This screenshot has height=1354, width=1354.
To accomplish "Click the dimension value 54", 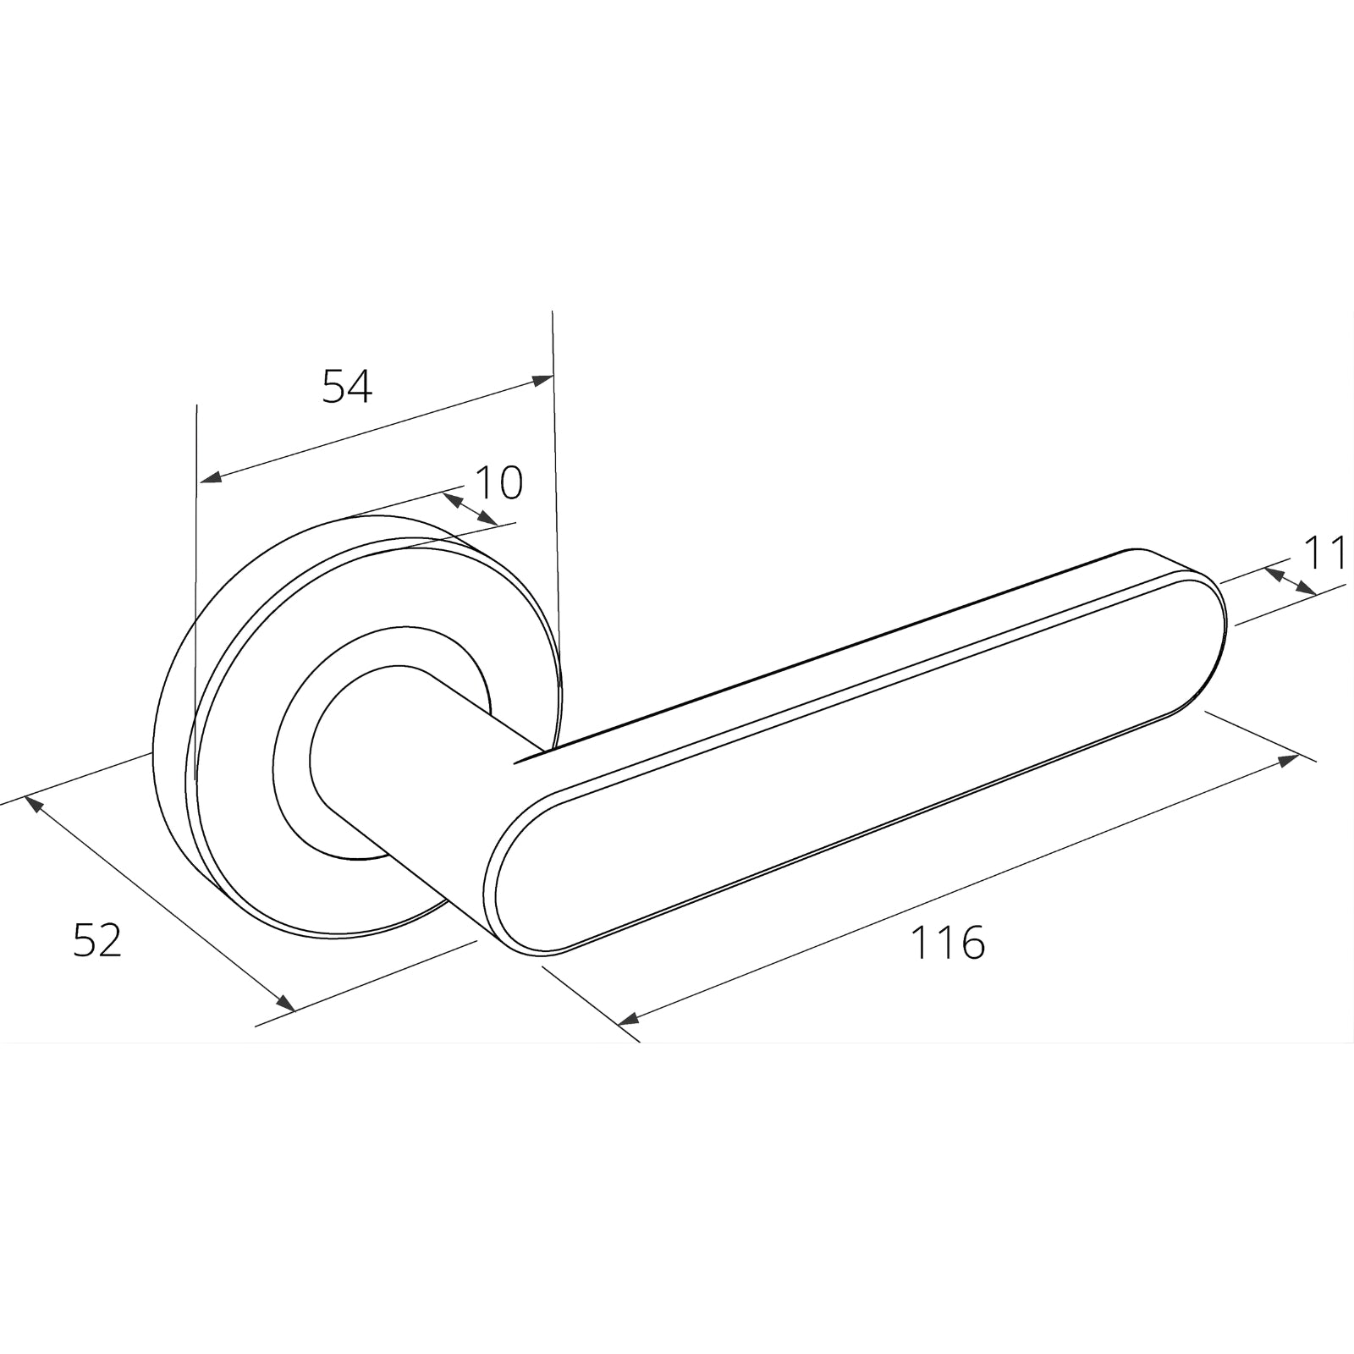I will click(347, 387).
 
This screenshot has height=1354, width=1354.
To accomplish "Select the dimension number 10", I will click(498, 483).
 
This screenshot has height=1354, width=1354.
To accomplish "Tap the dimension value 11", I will click(1325, 554).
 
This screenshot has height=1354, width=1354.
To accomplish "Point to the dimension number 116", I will click(947, 943).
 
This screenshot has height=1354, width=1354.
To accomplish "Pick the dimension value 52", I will click(97, 940).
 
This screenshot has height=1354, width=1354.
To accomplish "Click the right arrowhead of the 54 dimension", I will click(542, 380).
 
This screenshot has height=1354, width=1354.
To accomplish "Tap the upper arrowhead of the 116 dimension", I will click(1288, 760).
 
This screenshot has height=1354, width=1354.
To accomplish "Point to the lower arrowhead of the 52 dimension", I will click(285, 1003).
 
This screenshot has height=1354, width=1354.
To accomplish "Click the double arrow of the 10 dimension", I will click(471, 509).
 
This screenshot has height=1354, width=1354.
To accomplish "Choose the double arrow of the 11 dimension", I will click(1290, 581).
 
